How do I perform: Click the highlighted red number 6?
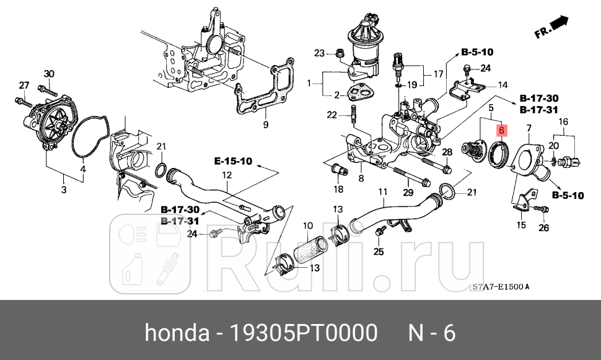tap(501, 131)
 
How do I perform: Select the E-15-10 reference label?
tap(233, 162)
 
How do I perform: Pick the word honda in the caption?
tap(177, 333)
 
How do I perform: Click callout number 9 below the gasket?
tap(265, 125)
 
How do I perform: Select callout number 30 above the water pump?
tap(49, 74)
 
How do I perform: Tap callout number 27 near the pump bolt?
tap(24, 85)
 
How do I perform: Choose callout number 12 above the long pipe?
tap(227, 176)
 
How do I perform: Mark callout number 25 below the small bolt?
tap(379, 252)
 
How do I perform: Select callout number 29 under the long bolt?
tap(407, 193)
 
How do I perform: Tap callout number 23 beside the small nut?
tap(319, 53)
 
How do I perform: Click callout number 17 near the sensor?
tap(437, 74)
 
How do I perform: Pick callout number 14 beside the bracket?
tap(502, 85)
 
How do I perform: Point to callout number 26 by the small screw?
tap(543, 227)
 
